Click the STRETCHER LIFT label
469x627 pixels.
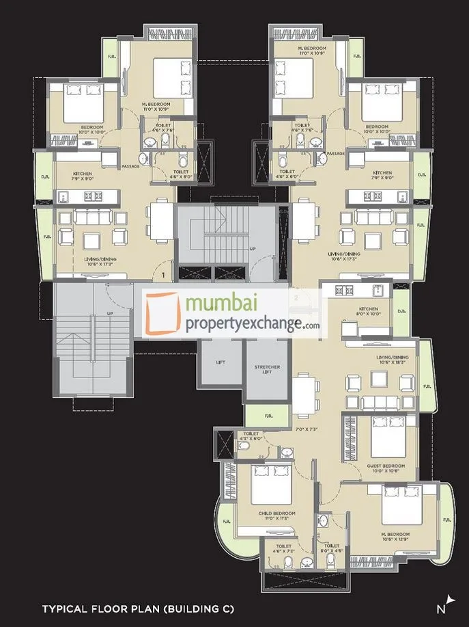[267, 370]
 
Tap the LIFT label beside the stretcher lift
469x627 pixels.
[219, 362]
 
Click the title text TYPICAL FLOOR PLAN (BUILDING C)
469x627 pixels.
[138, 607]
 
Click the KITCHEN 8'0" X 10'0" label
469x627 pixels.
[368, 311]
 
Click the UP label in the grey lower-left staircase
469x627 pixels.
[109, 314]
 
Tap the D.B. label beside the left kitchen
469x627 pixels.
[45, 176]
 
